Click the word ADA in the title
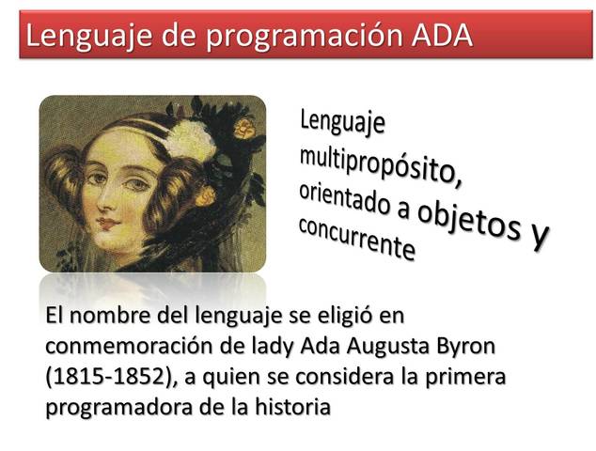[x=442, y=35]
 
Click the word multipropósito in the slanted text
[x=380, y=163]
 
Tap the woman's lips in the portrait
[x=106, y=223]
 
